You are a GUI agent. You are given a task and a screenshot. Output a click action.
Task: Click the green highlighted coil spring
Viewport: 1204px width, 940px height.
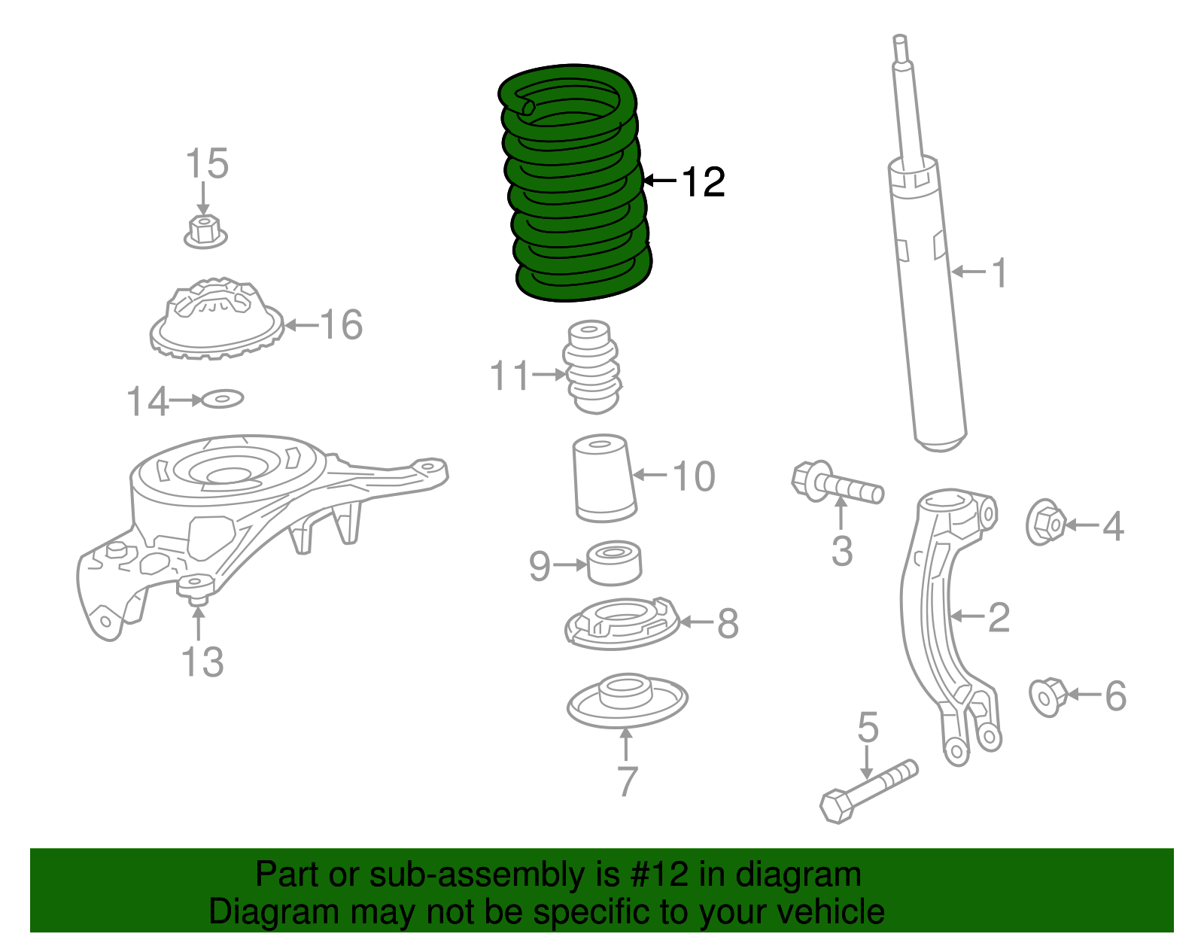[576, 184]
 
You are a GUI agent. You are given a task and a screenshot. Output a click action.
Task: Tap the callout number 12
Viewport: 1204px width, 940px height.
[703, 182]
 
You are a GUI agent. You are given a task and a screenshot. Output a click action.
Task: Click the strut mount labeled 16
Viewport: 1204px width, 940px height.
[216, 320]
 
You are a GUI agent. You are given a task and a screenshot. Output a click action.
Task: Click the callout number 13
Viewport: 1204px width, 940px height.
[202, 662]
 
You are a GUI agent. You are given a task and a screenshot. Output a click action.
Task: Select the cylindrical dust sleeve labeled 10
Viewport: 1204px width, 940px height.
[604, 479]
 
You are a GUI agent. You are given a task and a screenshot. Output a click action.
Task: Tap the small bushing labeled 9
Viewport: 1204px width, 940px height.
[614, 562]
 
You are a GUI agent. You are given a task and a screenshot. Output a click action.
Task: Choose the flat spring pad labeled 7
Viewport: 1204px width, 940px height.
[627, 700]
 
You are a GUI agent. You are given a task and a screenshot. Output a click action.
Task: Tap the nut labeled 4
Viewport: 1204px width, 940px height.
[1045, 522]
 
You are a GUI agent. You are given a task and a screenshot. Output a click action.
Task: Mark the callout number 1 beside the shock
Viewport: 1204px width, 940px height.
[999, 272]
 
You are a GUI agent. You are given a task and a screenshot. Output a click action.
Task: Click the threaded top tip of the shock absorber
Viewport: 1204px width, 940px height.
[900, 49]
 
